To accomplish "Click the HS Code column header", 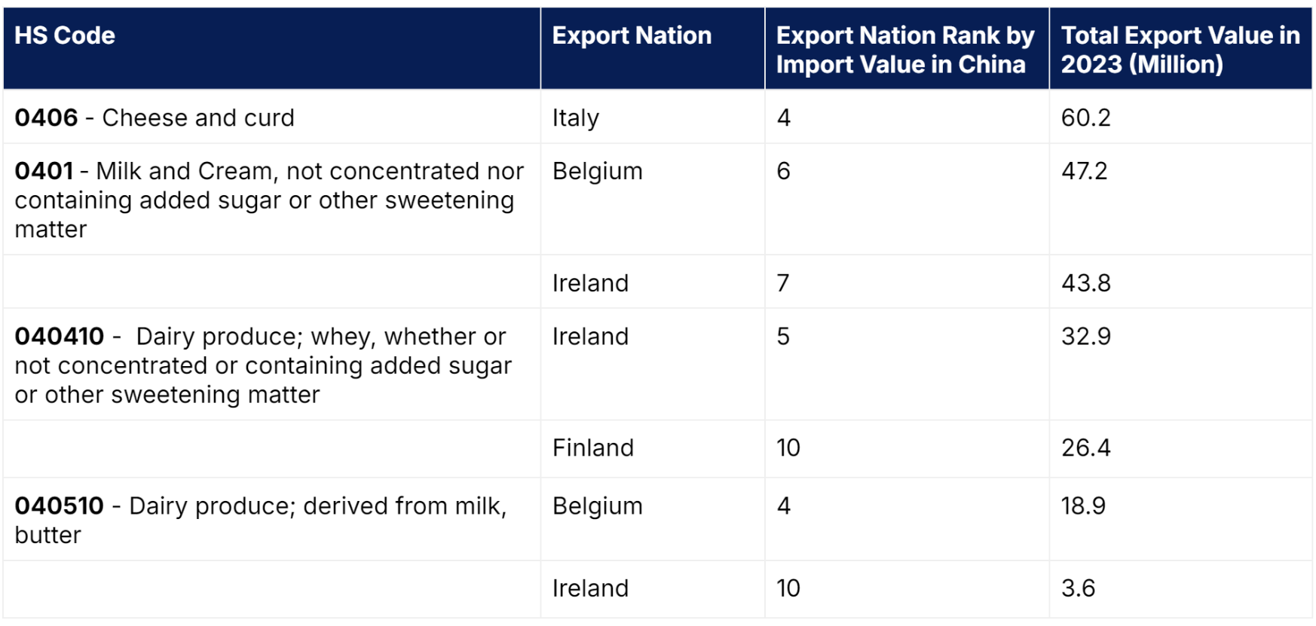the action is [x=65, y=35].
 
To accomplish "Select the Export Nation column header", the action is [x=632, y=35].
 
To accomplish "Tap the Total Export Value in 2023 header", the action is [x=1180, y=50].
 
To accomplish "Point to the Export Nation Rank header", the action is [x=905, y=50].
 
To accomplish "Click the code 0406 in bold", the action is [x=46, y=118].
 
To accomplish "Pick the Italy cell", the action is [x=576, y=118].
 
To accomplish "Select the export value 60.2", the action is [x=1086, y=118].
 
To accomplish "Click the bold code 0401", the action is [x=44, y=171].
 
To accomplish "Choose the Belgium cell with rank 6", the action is [x=598, y=172].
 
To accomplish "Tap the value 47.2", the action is [x=1085, y=171].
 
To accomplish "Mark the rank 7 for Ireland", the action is [x=783, y=283].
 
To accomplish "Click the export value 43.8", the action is [x=1086, y=283].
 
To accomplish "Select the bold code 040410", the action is [x=60, y=336].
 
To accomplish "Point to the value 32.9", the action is [x=1086, y=336].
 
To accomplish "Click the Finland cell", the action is [x=593, y=448].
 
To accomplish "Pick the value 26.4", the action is [x=1086, y=448].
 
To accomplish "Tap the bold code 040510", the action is [x=59, y=505].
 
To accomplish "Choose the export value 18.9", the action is [x=1084, y=505].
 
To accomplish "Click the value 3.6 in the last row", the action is [x=1079, y=588].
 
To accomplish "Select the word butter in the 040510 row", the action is [x=47, y=535].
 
